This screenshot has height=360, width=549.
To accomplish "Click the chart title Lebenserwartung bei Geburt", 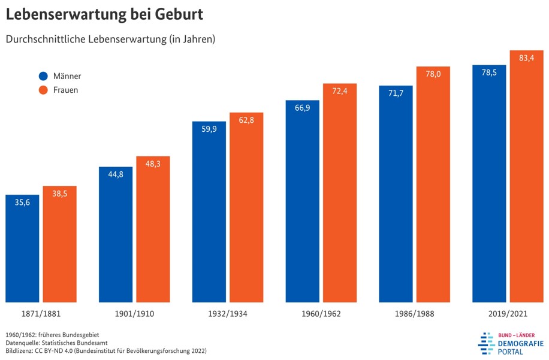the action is (104, 14).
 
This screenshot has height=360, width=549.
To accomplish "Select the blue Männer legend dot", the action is (43, 76).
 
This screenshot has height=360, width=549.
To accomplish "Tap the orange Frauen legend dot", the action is (43, 90).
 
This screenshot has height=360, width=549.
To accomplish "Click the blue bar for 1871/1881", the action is (22, 249).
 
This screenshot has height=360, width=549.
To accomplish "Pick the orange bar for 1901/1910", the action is (153, 229).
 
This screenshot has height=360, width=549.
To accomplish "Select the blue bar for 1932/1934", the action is (209, 211).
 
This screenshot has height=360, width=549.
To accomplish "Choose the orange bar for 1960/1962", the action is (340, 193).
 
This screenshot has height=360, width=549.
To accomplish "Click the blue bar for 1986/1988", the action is (396, 194).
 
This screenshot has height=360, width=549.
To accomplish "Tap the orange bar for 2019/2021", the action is (527, 176).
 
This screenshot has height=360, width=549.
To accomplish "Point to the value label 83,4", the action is (527, 58).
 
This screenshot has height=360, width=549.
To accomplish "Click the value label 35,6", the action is (22, 202).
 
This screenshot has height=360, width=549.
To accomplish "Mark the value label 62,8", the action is (246, 120).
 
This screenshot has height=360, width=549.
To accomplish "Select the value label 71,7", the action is (396, 93).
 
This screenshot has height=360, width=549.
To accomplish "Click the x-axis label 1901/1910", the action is (134, 314).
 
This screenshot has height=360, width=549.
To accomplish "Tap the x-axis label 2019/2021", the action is (508, 314).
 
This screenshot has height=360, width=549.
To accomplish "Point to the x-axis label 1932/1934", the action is (228, 314).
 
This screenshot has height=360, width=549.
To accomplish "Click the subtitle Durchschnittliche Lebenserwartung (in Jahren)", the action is (111, 39).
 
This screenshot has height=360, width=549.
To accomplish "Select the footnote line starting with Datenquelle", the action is (57, 343).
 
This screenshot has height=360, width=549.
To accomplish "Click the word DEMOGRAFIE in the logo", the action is (521, 344).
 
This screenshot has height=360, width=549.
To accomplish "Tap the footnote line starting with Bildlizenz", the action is (106, 350).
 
